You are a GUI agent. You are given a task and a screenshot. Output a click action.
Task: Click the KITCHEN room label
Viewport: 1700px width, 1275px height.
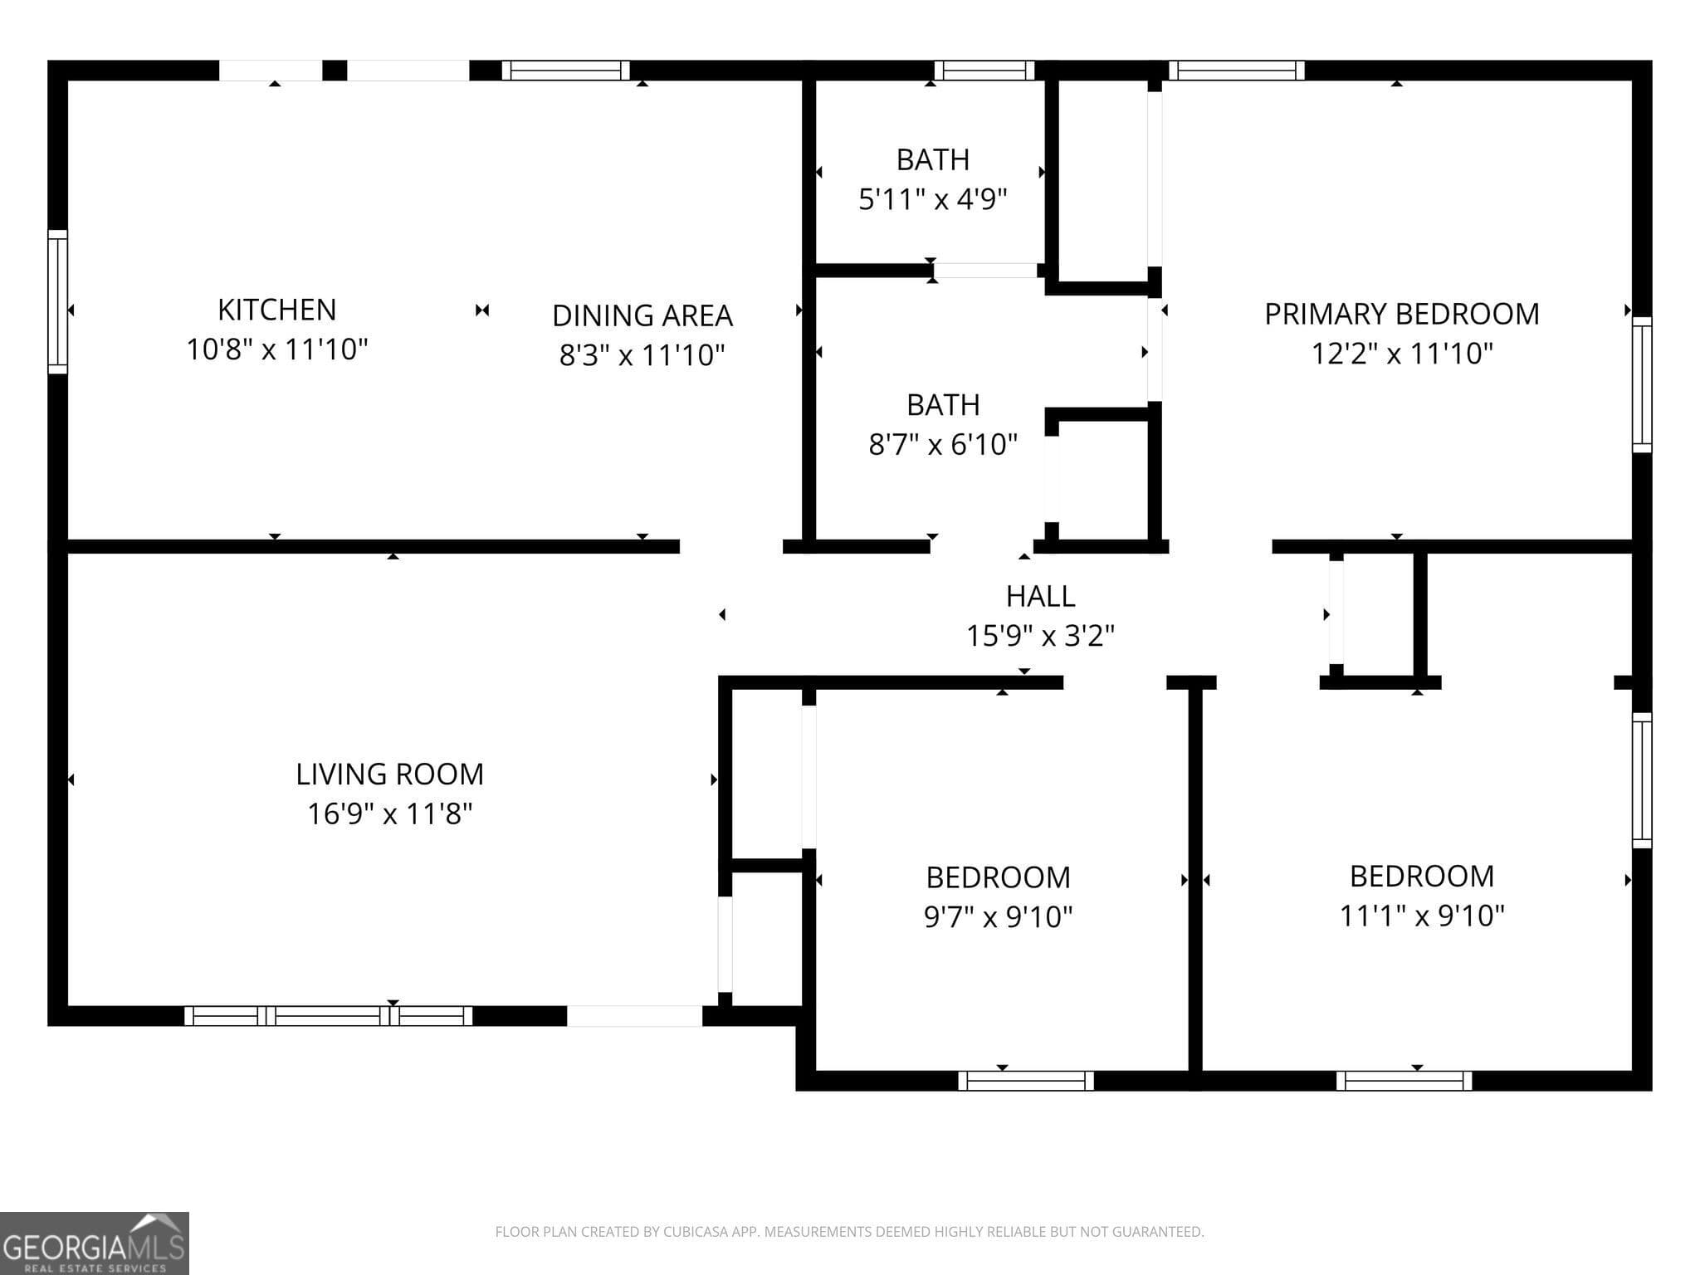276,310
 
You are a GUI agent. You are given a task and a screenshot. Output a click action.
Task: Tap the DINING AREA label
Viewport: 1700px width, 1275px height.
642,315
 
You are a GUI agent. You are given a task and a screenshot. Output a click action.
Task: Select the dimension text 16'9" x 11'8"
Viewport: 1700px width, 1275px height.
389,813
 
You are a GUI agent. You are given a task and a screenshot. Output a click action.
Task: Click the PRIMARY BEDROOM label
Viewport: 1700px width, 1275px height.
1401,314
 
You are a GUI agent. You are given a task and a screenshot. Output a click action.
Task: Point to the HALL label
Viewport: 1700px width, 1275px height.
1040,596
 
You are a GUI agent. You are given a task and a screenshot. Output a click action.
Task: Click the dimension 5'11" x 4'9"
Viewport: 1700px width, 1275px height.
932,199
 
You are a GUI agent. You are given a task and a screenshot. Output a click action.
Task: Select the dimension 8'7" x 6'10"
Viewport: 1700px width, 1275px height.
942,444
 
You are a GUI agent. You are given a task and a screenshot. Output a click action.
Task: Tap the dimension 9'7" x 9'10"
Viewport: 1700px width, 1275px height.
998,916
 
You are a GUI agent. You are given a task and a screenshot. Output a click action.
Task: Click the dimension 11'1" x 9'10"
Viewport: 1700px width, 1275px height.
1421,916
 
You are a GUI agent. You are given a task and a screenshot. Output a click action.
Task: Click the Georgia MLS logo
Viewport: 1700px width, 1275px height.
94,1243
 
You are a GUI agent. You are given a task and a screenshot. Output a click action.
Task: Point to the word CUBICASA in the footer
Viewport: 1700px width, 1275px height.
696,1232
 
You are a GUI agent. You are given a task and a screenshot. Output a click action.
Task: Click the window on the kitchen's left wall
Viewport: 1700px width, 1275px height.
57,301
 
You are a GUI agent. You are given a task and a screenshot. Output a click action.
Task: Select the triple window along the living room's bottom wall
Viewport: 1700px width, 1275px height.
328,1015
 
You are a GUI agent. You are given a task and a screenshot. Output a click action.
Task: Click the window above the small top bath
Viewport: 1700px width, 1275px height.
984,71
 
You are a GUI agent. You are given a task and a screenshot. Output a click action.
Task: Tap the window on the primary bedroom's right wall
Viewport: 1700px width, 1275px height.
1641,384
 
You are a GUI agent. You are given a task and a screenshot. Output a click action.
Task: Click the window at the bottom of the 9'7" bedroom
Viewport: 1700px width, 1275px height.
1025,1080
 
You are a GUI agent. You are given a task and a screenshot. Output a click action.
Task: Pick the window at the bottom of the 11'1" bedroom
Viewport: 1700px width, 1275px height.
1404,1080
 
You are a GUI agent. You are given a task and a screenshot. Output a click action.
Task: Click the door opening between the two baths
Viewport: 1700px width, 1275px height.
985,271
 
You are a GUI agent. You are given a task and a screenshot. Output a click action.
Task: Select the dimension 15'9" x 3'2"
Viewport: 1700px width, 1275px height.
1040,636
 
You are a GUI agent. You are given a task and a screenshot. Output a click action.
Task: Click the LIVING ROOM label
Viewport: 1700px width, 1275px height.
389,774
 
